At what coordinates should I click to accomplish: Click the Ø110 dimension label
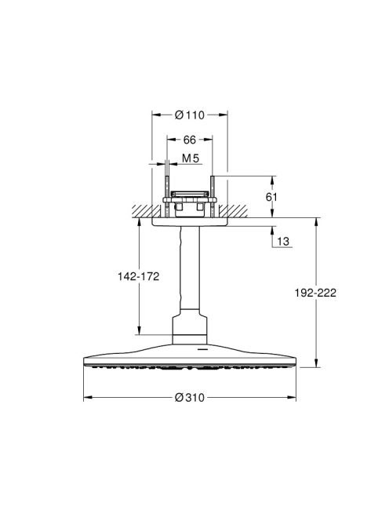190,115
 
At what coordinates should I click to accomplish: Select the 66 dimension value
190,140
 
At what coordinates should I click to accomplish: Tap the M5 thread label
191,158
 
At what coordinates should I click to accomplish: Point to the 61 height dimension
271,197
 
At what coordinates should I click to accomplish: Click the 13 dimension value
283,241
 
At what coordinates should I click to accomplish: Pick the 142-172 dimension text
139,276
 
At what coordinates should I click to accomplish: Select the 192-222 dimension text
315,293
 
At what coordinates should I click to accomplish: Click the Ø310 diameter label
190,397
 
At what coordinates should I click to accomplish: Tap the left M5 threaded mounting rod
167,197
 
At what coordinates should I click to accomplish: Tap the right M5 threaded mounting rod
213,197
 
